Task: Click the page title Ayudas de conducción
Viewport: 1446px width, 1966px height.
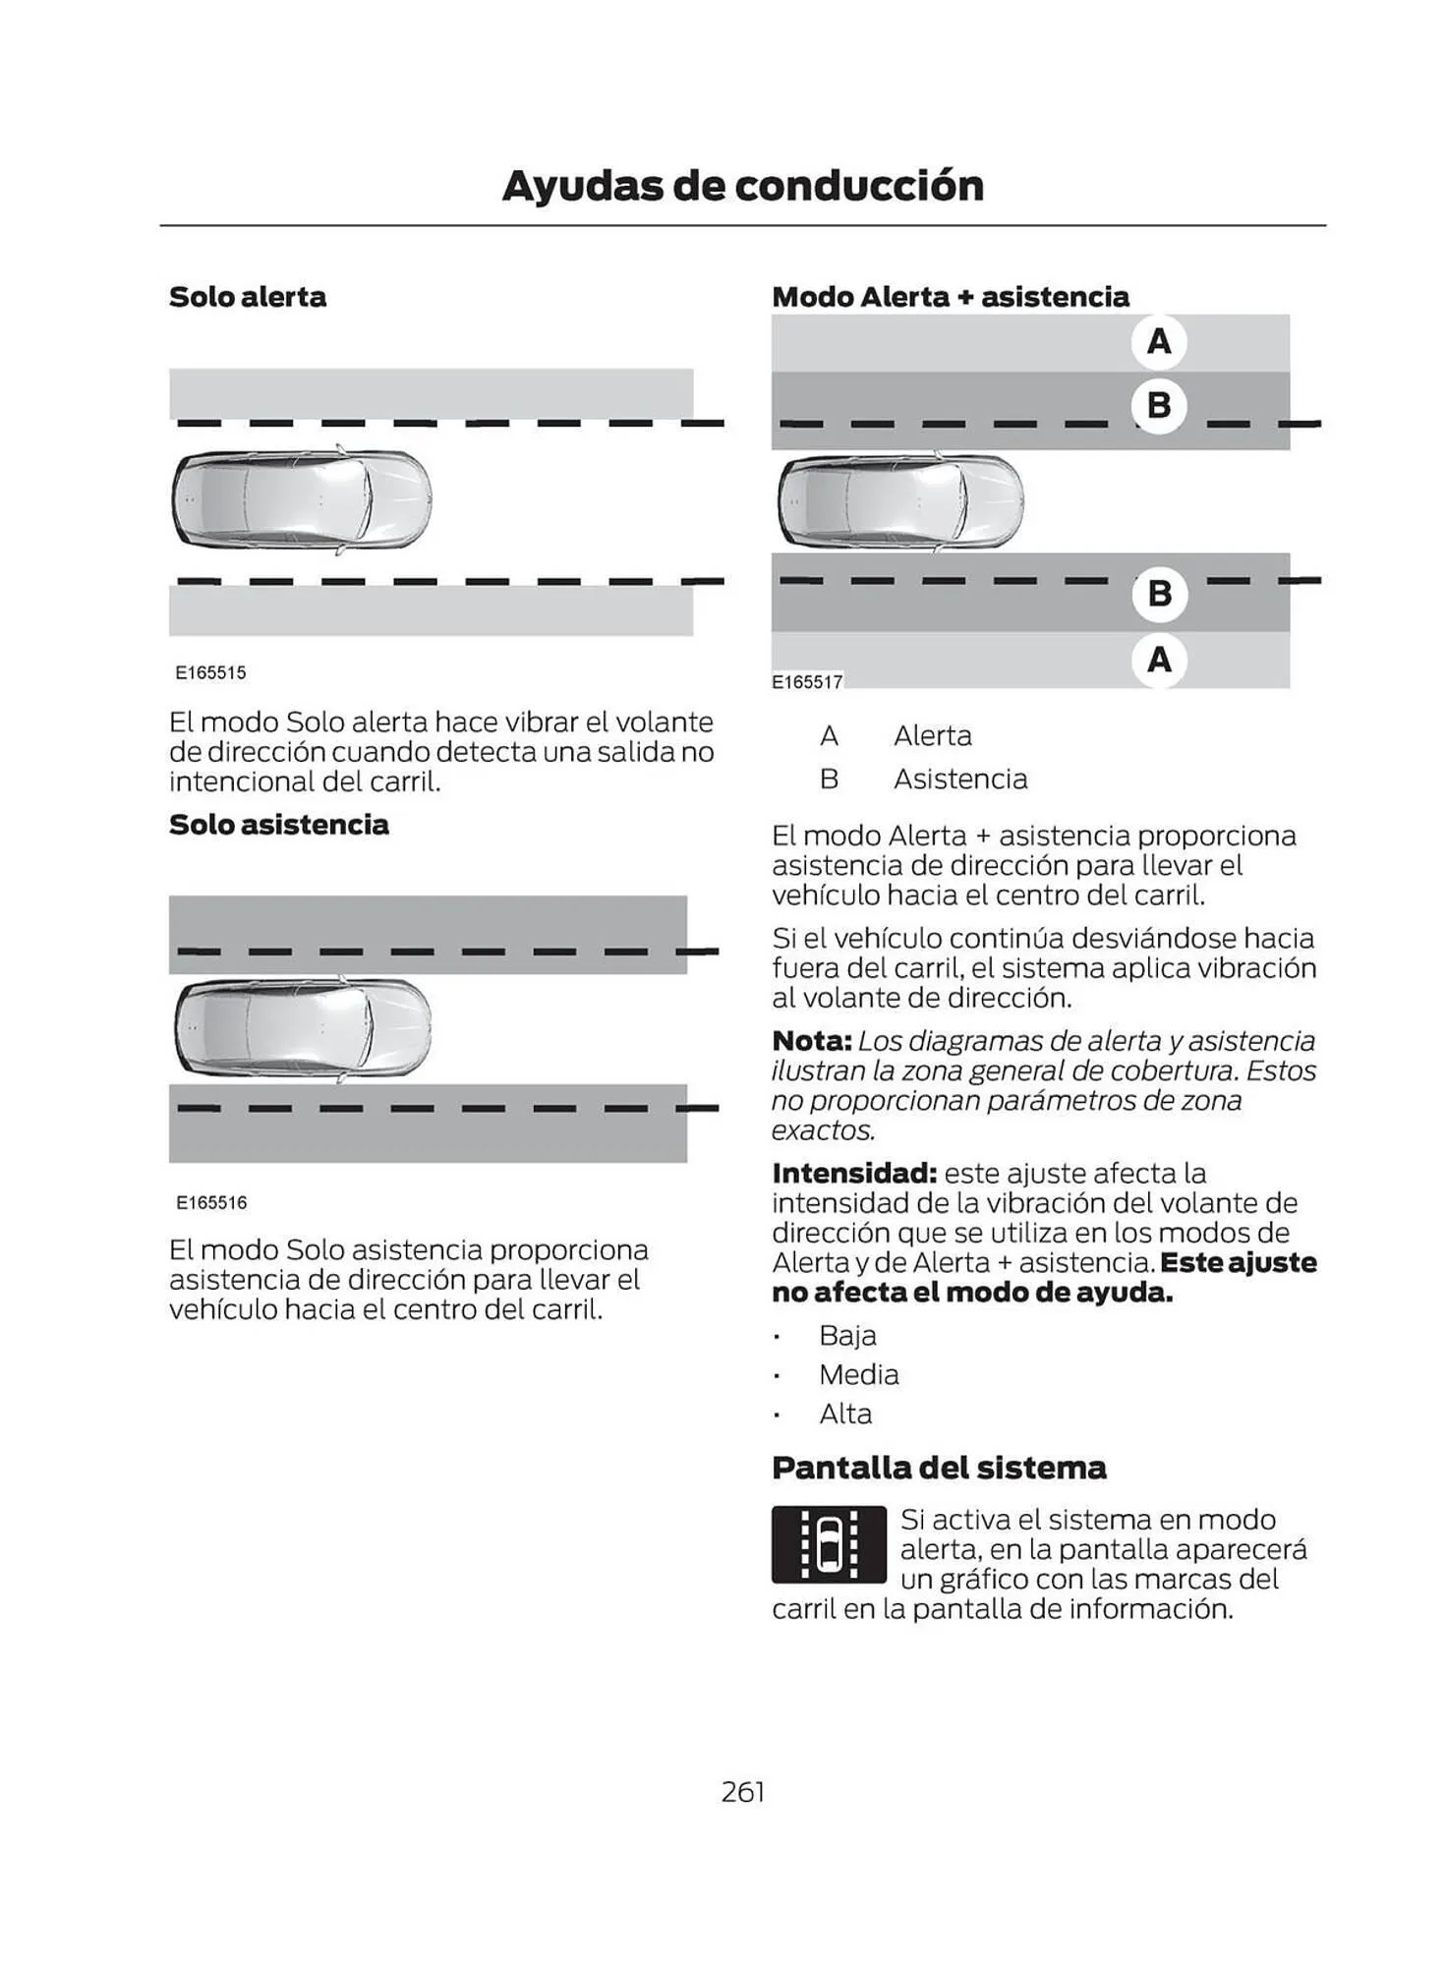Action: (742, 186)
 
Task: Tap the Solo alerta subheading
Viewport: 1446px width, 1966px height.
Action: (247, 297)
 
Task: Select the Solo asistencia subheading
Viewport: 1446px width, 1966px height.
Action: (278, 824)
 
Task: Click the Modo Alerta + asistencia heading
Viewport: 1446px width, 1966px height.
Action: (950, 297)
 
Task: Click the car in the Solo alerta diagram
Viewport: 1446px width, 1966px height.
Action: (302, 500)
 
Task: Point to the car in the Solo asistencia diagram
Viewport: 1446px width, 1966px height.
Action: (302, 1027)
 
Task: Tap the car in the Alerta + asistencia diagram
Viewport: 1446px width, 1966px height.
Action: (899, 500)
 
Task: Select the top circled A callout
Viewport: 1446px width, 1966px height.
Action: (1159, 341)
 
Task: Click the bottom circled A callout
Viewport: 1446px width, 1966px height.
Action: (1159, 659)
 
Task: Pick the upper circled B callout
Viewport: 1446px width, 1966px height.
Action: (1159, 405)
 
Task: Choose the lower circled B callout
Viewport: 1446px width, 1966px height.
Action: (1159, 594)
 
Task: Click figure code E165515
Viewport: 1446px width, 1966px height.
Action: (210, 673)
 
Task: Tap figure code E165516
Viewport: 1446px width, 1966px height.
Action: (211, 1202)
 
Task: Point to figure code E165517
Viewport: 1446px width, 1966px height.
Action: (807, 682)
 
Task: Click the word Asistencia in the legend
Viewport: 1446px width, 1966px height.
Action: (959, 779)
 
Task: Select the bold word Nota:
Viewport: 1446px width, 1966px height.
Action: (811, 1040)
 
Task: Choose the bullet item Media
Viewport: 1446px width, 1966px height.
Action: (858, 1374)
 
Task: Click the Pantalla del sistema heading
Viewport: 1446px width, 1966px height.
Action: (939, 1468)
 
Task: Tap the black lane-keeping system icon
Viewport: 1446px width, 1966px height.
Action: (829, 1544)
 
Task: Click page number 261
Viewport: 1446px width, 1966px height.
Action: (742, 1792)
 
